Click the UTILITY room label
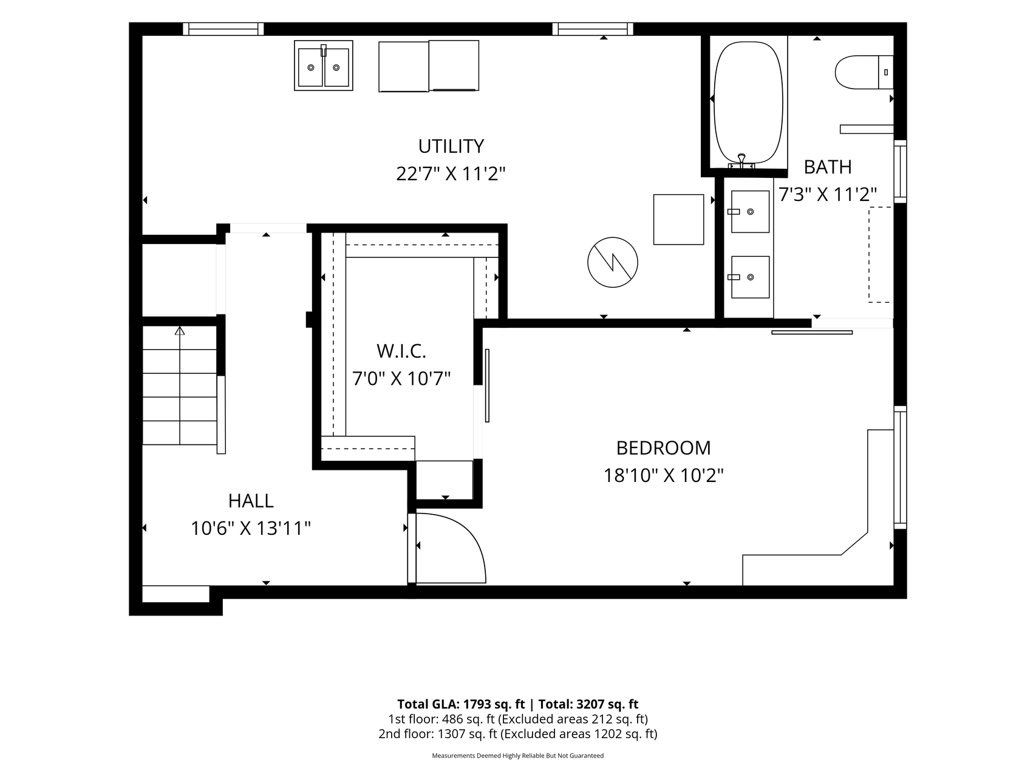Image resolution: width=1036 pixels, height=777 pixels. [451, 146]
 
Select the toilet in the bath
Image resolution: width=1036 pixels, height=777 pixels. [864, 72]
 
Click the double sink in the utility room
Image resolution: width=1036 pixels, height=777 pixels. [324, 66]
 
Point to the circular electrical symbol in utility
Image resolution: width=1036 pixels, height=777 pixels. [613, 262]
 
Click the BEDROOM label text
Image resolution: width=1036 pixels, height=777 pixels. [663, 448]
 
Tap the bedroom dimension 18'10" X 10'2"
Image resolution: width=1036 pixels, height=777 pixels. [663, 475]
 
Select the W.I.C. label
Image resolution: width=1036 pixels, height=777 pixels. [401, 351]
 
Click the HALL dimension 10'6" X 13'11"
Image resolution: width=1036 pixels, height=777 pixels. [251, 529]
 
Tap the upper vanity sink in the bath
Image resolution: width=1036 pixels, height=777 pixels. [750, 211]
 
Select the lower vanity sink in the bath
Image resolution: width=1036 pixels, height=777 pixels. [750, 277]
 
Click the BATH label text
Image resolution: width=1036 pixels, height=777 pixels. [828, 167]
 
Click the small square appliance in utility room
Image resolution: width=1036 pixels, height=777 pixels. [678, 219]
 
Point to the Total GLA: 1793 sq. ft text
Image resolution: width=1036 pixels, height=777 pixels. [461, 704]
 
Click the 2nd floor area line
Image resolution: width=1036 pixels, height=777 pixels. [517, 734]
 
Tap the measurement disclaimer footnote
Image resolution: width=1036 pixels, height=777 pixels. [517, 756]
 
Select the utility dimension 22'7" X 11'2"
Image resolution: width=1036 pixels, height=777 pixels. [451, 174]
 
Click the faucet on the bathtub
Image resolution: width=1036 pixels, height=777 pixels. [741, 161]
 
